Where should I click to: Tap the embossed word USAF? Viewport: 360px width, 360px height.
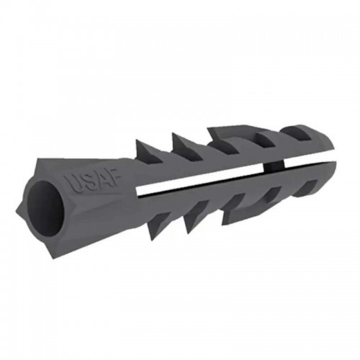(91, 183)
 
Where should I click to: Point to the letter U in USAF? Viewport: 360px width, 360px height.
(71, 186)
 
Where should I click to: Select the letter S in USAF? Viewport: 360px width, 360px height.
(85, 184)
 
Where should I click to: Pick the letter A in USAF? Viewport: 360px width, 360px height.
(99, 182)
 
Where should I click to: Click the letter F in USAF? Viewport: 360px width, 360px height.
(112, 180)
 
